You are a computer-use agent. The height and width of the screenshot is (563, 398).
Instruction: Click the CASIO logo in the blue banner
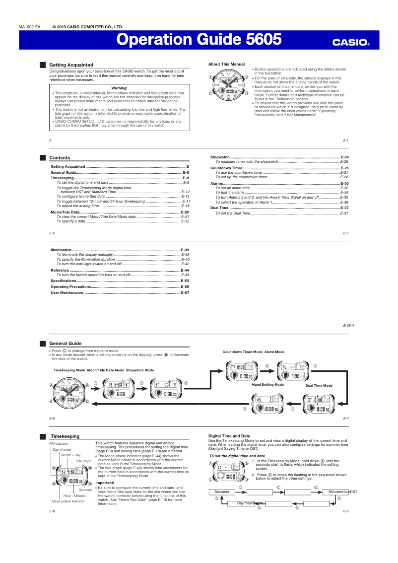click(351, 43)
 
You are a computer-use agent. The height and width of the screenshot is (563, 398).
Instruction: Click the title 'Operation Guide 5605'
click(199, 40)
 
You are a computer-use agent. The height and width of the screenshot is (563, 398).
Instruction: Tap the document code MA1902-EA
click(29, 27)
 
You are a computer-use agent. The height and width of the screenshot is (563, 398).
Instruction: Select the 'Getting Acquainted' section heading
click(71, 65)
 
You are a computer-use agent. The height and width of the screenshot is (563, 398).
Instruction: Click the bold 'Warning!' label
click(119, 88)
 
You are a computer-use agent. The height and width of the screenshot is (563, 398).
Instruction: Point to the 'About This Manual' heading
click(226, 64)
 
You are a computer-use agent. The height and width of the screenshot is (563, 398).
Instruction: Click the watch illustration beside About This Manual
click(229, 85)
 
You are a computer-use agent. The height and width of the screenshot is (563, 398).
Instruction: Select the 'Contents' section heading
click(60, 158)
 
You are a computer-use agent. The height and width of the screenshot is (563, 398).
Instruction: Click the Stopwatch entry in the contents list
click(220, 157)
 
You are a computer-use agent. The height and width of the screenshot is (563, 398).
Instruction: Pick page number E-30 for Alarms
click(344, 184)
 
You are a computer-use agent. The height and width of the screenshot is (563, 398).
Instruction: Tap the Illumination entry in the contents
click(62, 250)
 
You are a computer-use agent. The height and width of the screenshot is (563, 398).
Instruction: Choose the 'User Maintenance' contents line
click(67, 293)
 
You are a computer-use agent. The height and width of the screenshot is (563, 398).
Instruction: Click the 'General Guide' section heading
click(66, 344)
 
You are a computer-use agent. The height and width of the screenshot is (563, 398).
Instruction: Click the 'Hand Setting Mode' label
click(267, 385)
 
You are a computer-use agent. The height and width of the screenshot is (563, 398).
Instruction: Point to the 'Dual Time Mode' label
click(319, 385)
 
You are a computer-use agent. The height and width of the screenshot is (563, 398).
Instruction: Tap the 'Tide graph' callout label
click(83, 461)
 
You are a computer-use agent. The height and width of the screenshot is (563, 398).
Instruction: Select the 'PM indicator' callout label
click(59, 443)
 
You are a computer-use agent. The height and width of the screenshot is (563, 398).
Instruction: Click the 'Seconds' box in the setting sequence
click(222, 492)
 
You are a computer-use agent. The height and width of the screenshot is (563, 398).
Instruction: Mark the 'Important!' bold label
click(105, 483)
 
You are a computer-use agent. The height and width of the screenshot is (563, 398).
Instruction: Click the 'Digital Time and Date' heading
click(229, 436)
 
